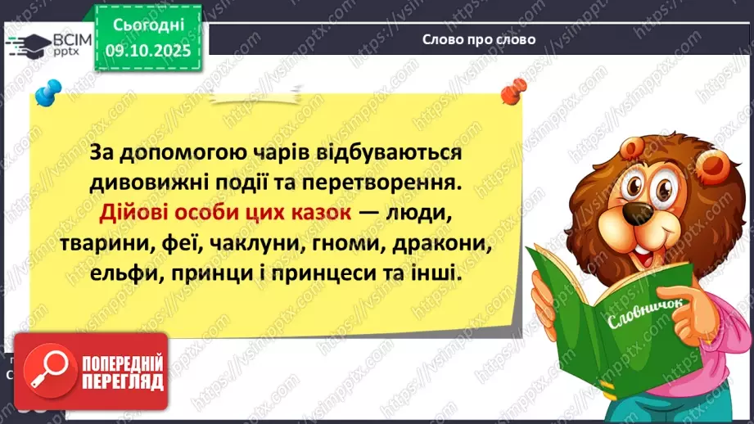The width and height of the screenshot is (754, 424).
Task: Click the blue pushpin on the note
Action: [50, 90]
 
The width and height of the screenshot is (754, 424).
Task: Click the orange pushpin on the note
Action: [512, 89]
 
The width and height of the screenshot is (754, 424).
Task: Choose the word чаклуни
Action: [269, 242]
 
